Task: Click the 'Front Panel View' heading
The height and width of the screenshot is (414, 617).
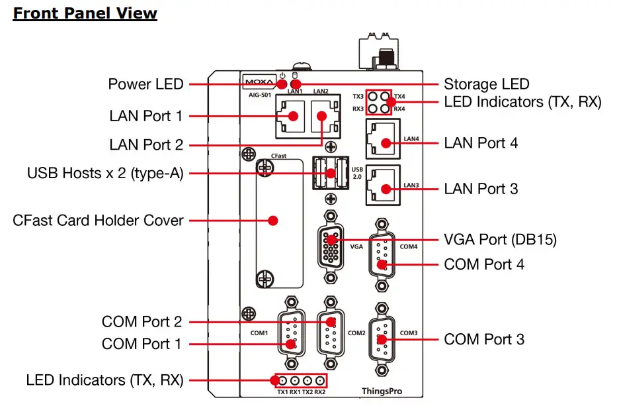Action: (x=85, y=13)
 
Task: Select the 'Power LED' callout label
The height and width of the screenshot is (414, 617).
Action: (x=145, y=85)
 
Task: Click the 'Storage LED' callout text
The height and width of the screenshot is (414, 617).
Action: (x=486, y=84)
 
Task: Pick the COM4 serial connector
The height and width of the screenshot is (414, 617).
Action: (x=382, y=255)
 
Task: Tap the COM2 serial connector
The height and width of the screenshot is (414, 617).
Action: (x=331, y=331)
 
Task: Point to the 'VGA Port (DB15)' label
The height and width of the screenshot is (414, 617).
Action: (x=500, y=239)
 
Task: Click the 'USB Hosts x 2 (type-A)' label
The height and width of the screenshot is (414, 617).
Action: (x=105, y=174)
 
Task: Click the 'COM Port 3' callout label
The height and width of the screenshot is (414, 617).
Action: (x=484, y=339)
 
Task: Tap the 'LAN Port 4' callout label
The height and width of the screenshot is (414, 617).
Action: (x=481, y=142)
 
